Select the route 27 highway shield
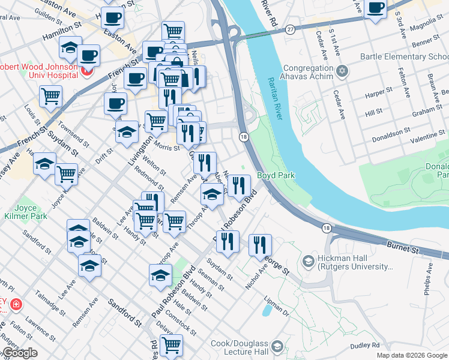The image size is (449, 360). tap(291, 29)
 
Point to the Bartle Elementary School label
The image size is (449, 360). tap(403, 57)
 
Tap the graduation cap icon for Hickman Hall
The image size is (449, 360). tap(309, 261)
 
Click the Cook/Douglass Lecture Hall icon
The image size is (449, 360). tap(277, 347)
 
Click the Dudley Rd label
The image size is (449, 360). tap(366, 345)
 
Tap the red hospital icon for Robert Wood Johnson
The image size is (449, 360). tap(86, 72)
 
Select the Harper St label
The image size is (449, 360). tap(378, 94)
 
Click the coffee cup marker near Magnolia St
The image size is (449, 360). tap(376, 9)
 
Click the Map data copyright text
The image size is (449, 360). tap(411, 355)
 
